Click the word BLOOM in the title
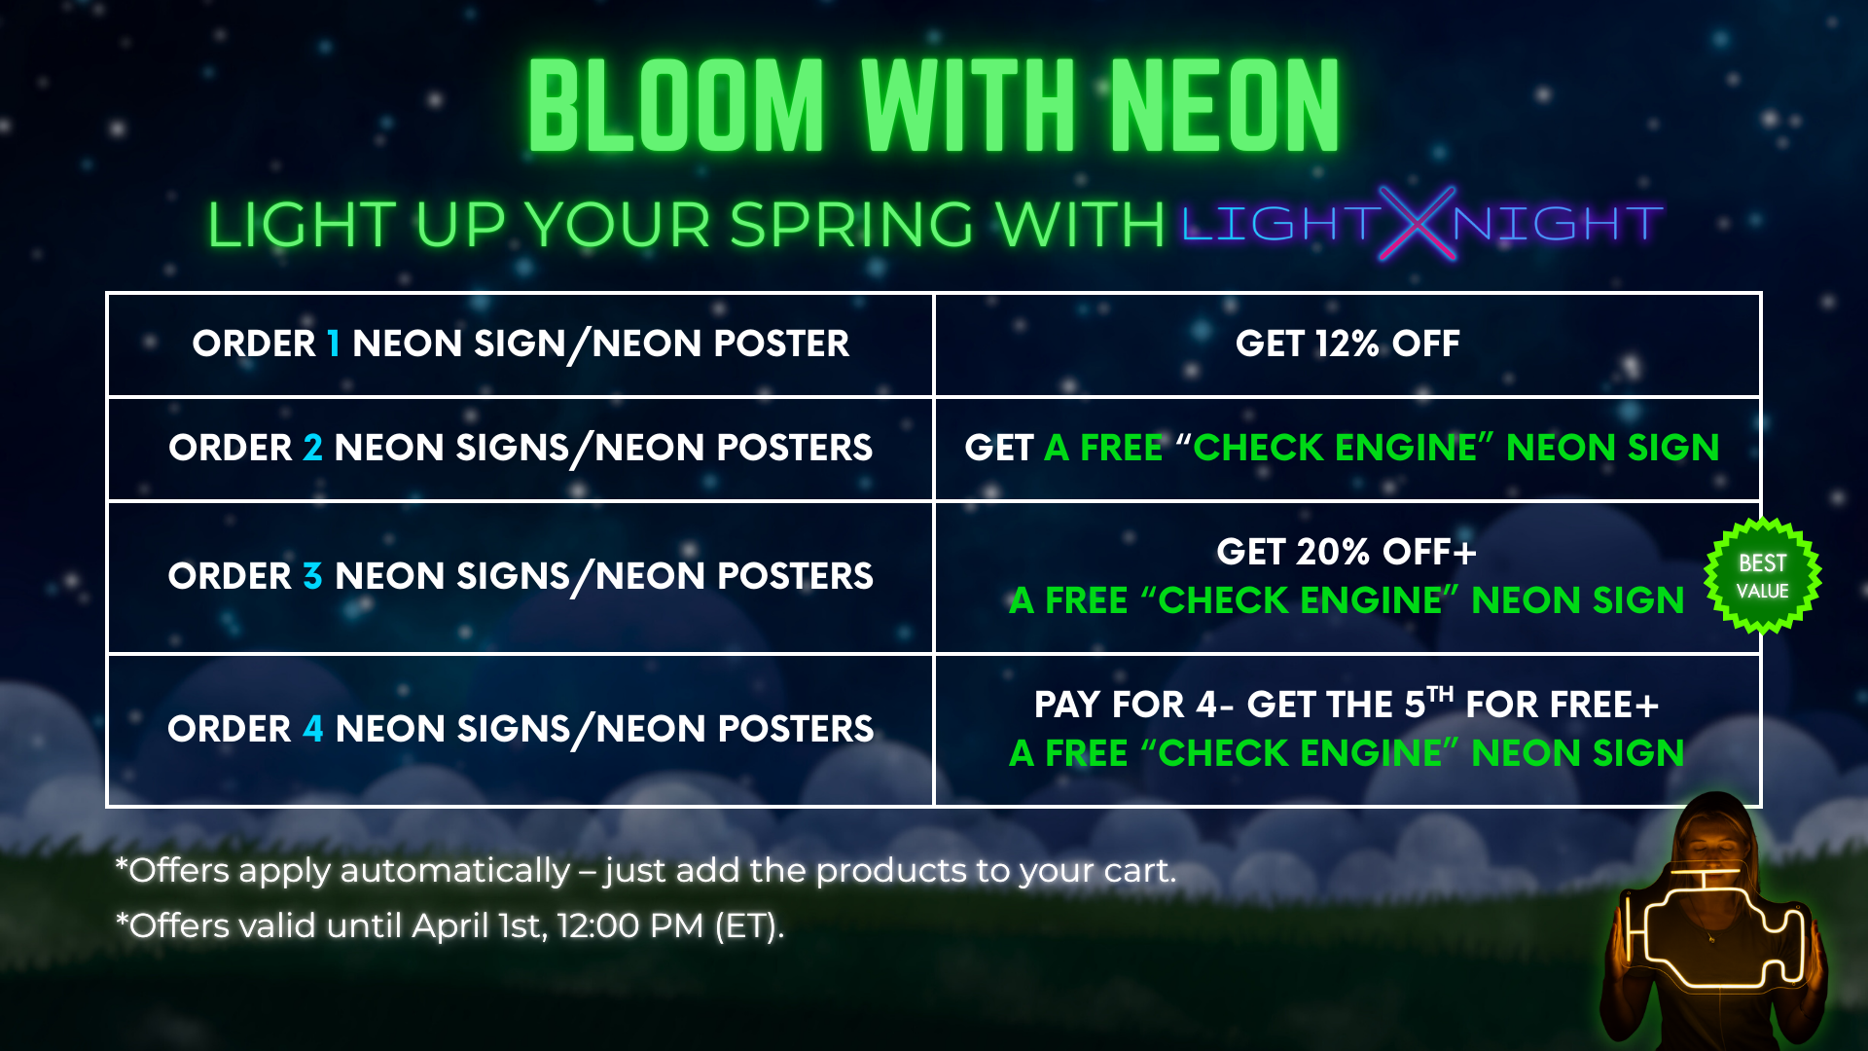coord(676,105)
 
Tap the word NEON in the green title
coord(1224,105)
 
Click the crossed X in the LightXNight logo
coord(1417,224)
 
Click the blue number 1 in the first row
coord(334,344)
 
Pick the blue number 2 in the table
coord(312,448)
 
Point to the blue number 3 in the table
coord(312,576)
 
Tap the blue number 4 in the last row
coord(312,729)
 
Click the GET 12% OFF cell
coord(1347,344)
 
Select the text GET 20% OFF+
coord(1347,552)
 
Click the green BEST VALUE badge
coord(1763,576)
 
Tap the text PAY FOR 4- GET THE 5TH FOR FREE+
coord(1347,703)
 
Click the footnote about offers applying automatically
coord(646,870)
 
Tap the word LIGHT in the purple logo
coord(1280,224)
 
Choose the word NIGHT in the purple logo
coord(1558,224)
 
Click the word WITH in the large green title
coord(968,105)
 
